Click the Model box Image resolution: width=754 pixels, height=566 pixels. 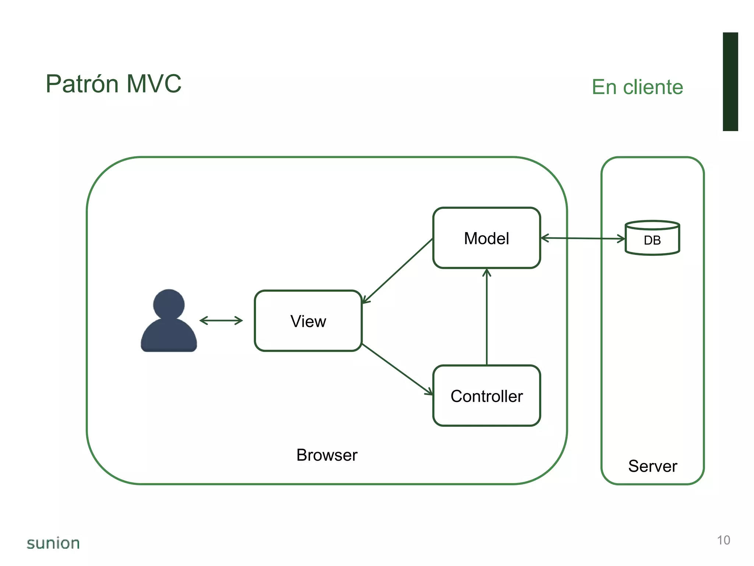[x=486, y=238]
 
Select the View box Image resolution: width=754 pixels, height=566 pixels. [x=308, y=321]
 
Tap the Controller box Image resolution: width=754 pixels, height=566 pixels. [x=486, y=396]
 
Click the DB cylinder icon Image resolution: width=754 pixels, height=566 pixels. [x=652, y=238]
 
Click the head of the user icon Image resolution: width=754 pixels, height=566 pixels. [x=169, y=304]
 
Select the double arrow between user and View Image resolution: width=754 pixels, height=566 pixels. [x=221, y=321]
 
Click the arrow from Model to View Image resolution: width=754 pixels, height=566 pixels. [x=398, y=271]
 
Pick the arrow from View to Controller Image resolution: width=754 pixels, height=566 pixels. [x=398, y=369]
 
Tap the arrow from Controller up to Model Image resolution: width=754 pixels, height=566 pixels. [x=487, y=317]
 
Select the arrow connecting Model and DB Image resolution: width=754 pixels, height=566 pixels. [x=583, y=238]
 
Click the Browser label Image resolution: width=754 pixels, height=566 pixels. [x=327, y=455]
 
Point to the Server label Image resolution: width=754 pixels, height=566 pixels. [x=652, y=466]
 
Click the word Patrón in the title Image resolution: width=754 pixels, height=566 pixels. [x=82, y=84]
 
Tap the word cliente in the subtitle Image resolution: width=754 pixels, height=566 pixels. [x=653, y=87]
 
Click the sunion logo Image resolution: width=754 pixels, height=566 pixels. [x=53, y=543]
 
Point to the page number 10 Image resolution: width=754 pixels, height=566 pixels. [x=723, y=540]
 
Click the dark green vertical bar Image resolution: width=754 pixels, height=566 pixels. [x=730, y=81]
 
